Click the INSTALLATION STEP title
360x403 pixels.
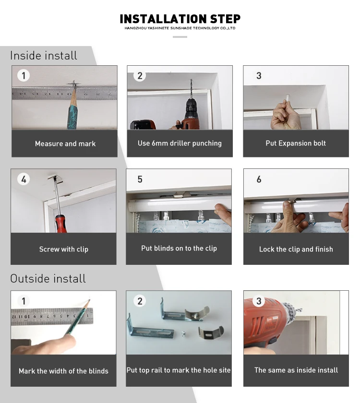pyautogui.click(x=180, y=19)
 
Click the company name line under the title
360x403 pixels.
pyautogui.click(x=180, y=28)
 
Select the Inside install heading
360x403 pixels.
pyautogui.click(x=44, y=56)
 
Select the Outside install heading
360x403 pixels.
pyautogui.click(x=48, y=279)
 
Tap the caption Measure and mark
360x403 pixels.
pyautogui.click(x=65, y=143)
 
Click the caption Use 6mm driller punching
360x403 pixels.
pyautogui.click(x=180, y=143)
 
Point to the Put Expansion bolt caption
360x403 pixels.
pyautogui.click(x=296, y=143)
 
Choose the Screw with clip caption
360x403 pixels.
pyautogui.click(x=64, y=249)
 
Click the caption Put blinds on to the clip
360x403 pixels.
pyautogui.click(x=179, y=248)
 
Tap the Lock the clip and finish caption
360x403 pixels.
pyautogui.click(x=296, y=249)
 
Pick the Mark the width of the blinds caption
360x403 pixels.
pyautogui.click(x=63, y=371)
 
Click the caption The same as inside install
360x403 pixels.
pyautogui.click(x=296, y=370)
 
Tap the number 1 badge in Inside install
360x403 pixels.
pyautogui.click(x=23, y=75)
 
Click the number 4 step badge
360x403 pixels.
pyautogui.click(x=23, y=179)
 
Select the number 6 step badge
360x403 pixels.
pyautogui.click(x=259, y=179)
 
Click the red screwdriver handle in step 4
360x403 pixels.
pyautogui.click(x=60, y=223)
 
